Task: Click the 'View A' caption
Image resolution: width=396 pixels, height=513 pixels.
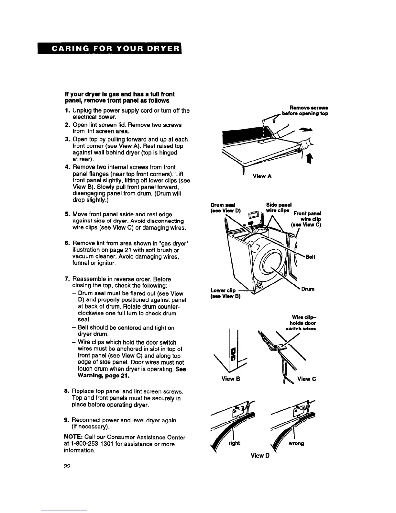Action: point(262,176)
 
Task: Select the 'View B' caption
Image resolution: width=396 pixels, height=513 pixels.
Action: point(230,379)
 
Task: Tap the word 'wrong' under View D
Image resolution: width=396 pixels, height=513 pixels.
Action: point(296,443)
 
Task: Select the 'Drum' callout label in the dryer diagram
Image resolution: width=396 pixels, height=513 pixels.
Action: point(308,289)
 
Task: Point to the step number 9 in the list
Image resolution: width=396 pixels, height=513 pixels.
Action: point(66,420)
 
